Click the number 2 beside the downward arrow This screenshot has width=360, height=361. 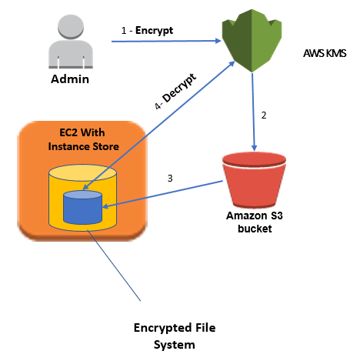coord(264,115)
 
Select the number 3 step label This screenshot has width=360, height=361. coord(171,179)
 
